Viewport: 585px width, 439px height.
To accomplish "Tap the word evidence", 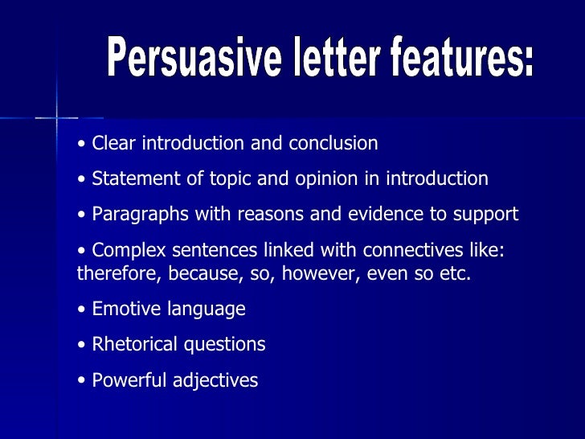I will pos(382,215).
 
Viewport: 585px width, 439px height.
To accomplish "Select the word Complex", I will pos(127,251).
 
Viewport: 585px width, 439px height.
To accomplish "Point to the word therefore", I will pos(119,273).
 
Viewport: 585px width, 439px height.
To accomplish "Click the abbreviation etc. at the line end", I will pos(456,273).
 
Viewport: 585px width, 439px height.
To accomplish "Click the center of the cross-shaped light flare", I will pos(56,117).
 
